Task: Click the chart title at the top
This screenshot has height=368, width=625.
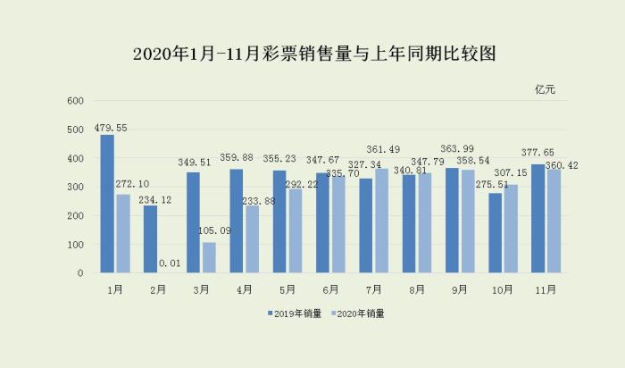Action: (312, 54)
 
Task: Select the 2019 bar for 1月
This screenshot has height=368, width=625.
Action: (107, 204)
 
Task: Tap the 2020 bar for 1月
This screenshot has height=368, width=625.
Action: (123, 233)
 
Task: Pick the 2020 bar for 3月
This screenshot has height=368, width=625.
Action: (209, 257)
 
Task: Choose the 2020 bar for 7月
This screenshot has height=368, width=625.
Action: (382, 221)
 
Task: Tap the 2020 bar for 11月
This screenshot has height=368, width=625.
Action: (554, 221)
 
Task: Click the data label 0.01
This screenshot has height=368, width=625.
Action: (170, 263)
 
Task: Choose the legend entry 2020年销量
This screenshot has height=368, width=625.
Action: (360, 314)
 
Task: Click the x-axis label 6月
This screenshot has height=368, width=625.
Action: (330, 289)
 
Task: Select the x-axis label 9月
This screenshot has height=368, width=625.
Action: (460, 289)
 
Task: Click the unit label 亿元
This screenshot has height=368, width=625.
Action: (545, 89)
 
